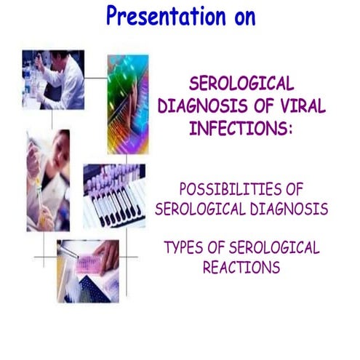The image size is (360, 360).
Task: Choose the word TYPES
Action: (188, 247)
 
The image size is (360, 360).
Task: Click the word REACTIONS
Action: (241, 267)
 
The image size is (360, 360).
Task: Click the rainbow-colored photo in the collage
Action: (127, 102)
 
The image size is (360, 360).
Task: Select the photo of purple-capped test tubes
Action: (114, 195)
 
